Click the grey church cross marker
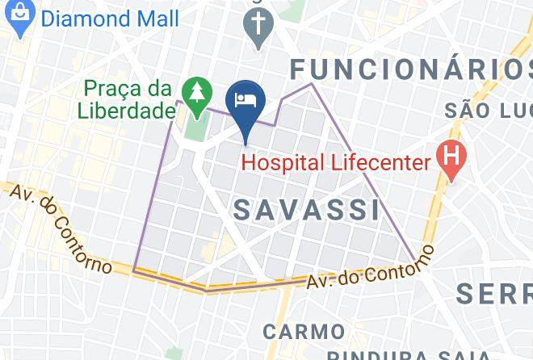[258, 27]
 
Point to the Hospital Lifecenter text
[336, 162]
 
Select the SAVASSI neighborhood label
[307, 210]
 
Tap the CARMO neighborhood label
[304, 331]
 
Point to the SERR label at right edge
[493, 293]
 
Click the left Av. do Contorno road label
[58, 228]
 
